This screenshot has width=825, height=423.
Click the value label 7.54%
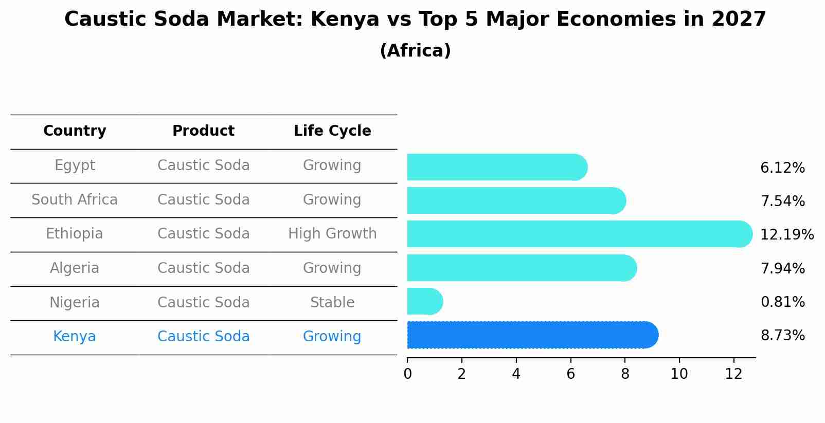tap(782, 201)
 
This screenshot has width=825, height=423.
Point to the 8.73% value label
tap(782, 336)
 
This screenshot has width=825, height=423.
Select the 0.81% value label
tap(782, 302)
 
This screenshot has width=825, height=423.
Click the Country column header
tap(75, 131)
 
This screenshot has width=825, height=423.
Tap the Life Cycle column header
tap(332, 131)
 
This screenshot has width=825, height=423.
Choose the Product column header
tap(203, 131)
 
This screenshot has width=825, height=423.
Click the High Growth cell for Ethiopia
tap(332, 234)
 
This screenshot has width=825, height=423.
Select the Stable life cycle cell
tap(332, 303)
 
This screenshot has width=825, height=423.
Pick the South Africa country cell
tap(75, 200)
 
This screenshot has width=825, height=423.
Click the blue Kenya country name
tap(75, 337)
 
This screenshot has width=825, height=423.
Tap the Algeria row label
tap(75, 268)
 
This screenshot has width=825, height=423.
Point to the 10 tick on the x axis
tap(679, 374)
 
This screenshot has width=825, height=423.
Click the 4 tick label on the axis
tap(516, 374)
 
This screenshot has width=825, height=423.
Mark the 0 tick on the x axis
tap(407, 374)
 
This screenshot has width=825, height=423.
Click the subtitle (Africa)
tap(415, 51)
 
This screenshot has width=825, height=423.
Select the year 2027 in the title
tap(739, 20)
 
